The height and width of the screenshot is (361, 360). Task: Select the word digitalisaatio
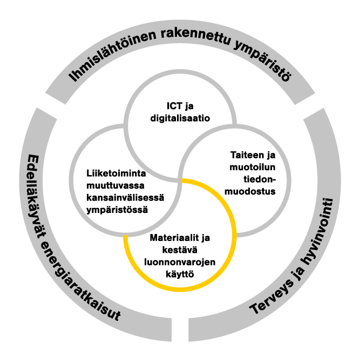(x=180, y=118)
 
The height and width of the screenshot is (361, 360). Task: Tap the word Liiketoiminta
(x=116, y=173)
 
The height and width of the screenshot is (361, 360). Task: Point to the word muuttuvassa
(x=116, y=185)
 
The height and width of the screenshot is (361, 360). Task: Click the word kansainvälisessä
(x=125, y=198)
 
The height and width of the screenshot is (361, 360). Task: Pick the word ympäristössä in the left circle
(x=117, y=210)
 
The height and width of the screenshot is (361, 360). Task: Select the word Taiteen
(x=247, y=155)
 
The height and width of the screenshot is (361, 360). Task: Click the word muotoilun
(x=253, y=167)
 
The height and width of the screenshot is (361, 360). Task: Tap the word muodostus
(x=250, y=191)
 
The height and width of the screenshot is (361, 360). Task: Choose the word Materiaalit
(x=174, y=238)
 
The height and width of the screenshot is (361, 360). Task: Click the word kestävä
(x=180, y=250)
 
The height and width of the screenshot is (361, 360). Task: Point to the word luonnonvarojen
(x=180, y=262)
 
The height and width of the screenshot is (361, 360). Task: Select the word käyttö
(x=180, y=275)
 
